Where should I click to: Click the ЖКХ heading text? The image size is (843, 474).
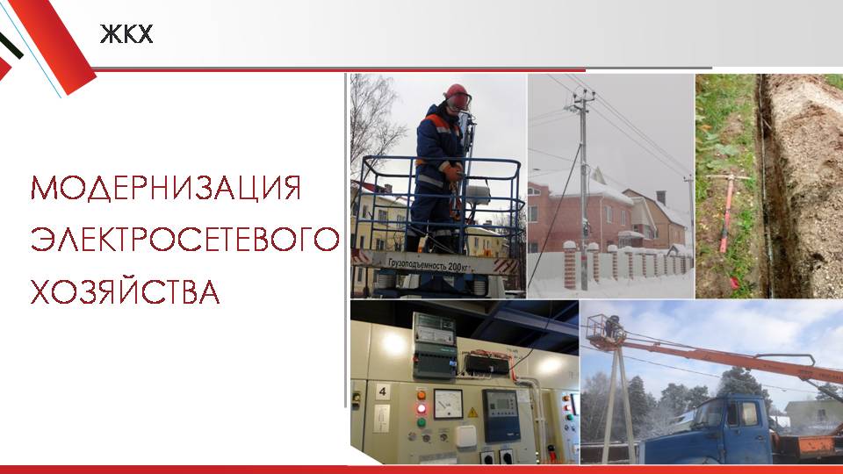pyautogui.click(x=126, y=34)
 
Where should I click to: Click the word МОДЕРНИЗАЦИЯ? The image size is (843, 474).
pyautogui.click(x=166, y=188)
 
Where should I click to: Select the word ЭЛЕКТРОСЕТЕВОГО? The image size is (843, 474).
pyautogui.click(x=185, y=240)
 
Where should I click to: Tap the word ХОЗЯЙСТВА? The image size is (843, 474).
pyautogui.click(x=126, y=291)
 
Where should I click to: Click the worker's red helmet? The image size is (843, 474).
pyautogui.click(x=457, y=92)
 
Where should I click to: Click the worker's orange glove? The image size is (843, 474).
pyautogui.click(x=453, y=172)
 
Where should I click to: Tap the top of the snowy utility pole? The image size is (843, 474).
pyautogui.click(x=583, y=96)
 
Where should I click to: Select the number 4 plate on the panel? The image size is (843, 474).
pyautogui.click(x=382, y=391)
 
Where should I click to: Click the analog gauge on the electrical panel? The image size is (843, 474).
pyautogui.click(x=448, y=404)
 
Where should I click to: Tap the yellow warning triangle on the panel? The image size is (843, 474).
pyautogui.click(x=472, y=413)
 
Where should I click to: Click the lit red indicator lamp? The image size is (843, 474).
pyautogui.click(x=421, y=408)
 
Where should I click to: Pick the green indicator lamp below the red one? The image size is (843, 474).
pyautogui.click(x=421, y=422)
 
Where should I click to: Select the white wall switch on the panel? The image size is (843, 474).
pyautogui.click(x=466, y=437)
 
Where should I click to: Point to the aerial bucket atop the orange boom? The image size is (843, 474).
pyautogui.click(x=606, y=327)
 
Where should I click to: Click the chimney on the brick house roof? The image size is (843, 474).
pyautogui.click(x=661, y=197)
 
